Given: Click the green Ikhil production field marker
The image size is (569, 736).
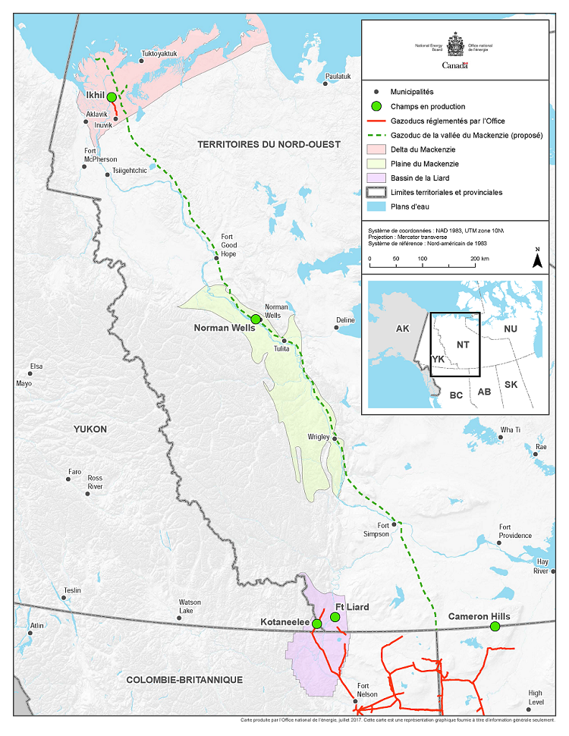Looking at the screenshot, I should [x=112, y=97].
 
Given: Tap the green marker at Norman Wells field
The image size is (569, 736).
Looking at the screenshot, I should [x=256, y=319].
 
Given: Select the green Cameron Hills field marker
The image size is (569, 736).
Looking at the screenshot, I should [x=495, y=626].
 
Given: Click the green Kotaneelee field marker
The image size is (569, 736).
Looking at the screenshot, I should [x=316, y=624].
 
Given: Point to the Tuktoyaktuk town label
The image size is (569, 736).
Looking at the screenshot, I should [x=159, y=55].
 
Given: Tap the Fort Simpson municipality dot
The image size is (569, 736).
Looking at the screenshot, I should [x=394, y=524].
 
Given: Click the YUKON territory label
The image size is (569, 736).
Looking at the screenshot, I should [x=90, y=429].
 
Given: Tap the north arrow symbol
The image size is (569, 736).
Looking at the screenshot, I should [x=537, y=259].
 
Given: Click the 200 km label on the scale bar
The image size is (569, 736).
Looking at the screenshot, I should [x=479, y=259].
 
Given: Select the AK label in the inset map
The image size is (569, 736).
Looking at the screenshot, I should [x=401, y=330].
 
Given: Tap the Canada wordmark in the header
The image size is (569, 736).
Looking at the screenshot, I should [x=455, y=65].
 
